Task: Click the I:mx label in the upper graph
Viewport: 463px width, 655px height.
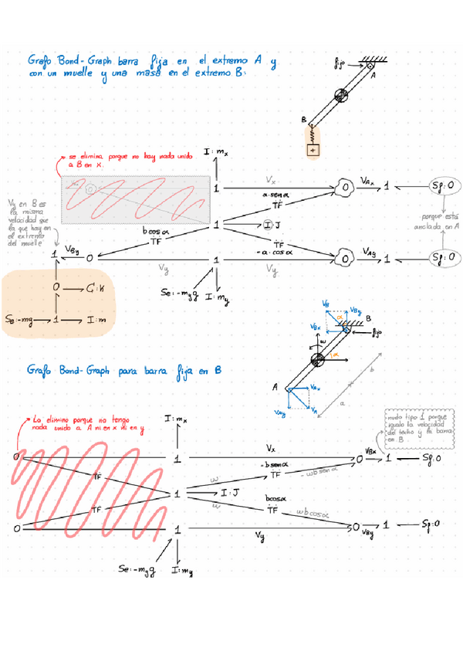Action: pos(217,154)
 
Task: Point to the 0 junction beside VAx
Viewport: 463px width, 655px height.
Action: pos(345,187)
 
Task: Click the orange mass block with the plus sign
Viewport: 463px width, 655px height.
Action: pos(313,150)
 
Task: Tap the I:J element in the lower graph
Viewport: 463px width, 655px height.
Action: pos(230,492)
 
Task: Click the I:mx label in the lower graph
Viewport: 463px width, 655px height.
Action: pos(177,419)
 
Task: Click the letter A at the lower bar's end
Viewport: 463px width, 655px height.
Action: pos(275,388)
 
